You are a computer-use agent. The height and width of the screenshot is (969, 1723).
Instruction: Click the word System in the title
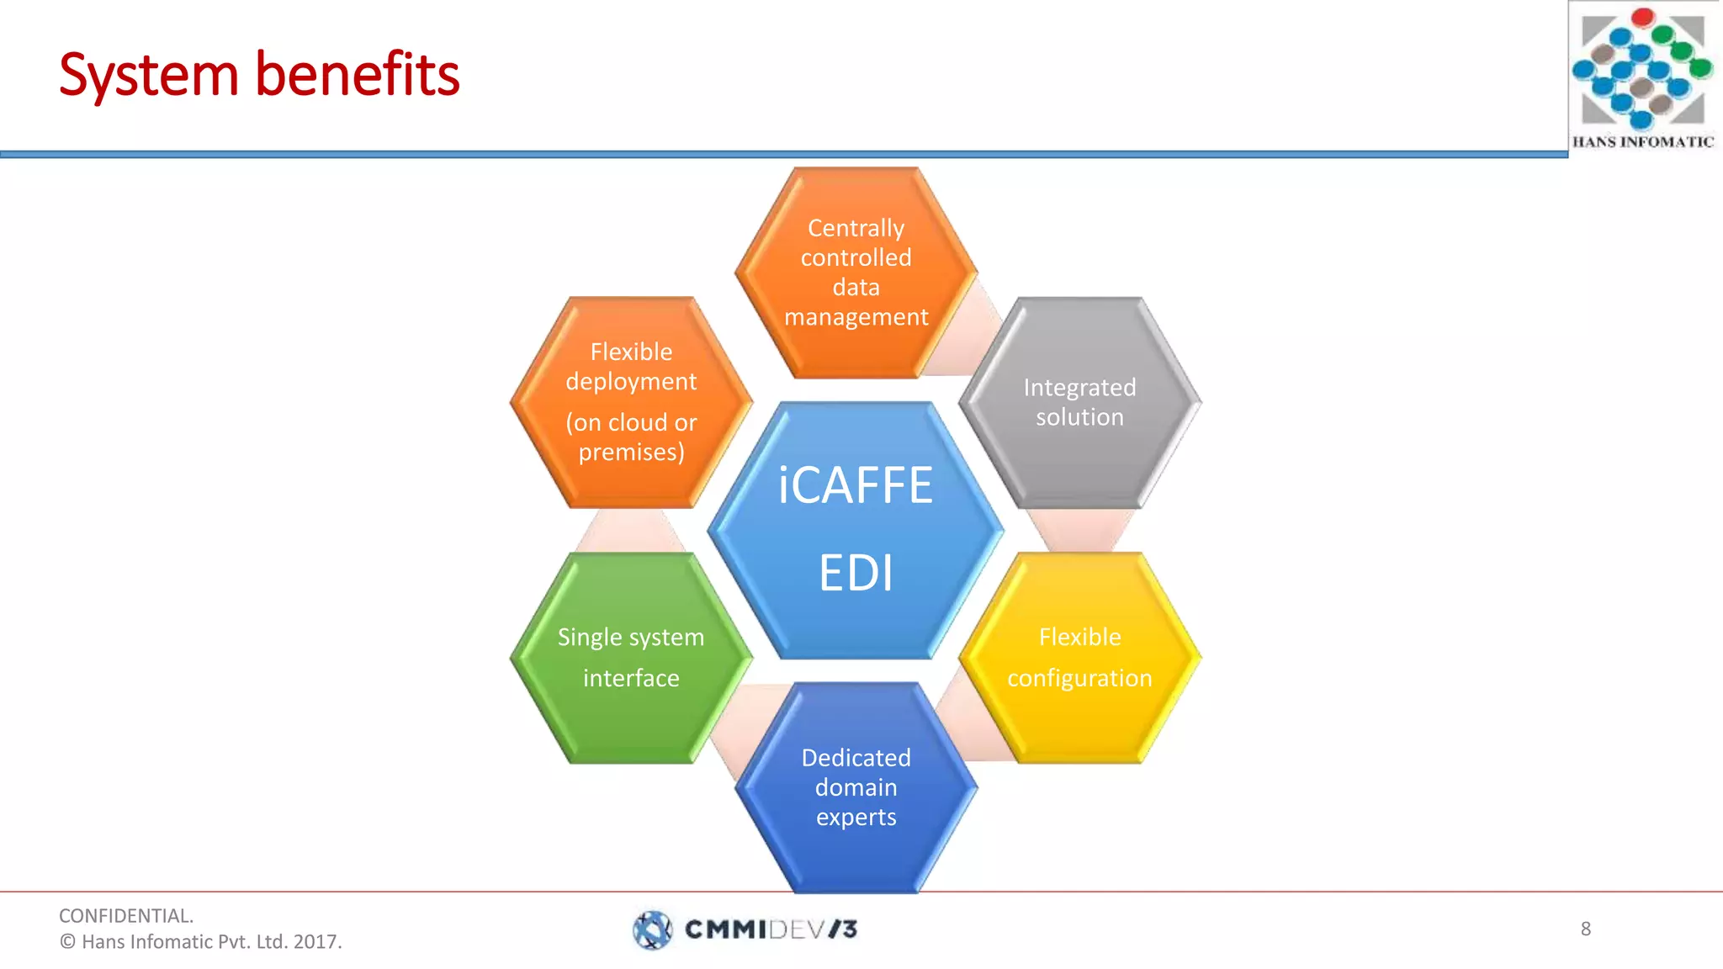click(x=149, y=76)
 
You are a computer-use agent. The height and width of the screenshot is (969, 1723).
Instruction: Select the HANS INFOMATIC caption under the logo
click(x=1642, y=142)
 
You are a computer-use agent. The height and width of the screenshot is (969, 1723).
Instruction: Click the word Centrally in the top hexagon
click(x=856, y=228)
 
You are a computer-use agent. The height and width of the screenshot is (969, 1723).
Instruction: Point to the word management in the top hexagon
click(x=856, y=317)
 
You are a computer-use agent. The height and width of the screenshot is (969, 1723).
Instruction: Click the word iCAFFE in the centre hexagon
click(x=856, y=485)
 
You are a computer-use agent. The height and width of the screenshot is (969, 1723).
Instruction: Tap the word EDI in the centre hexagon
click(x=856, y=574)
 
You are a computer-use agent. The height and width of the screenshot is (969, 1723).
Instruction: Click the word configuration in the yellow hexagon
click(x=1079, y=678)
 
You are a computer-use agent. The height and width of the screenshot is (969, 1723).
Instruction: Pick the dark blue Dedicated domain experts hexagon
click(x=856, y=850)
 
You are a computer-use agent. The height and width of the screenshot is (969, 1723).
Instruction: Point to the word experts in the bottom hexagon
click(x=856, y=817)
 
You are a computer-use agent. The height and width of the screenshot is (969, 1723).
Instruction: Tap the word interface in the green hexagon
click(x=631, y=678)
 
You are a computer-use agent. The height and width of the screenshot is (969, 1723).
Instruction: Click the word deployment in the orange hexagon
click(x=631, y=382)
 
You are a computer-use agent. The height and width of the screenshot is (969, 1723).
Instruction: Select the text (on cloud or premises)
click(x=631, y=437)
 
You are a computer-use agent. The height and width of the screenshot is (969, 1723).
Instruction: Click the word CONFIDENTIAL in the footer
click(x=125, y=916)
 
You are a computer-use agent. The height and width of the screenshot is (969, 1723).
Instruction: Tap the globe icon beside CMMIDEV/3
click(x=652, y=929)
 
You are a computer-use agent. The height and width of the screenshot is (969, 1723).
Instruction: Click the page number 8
click(x=1586, y=929)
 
